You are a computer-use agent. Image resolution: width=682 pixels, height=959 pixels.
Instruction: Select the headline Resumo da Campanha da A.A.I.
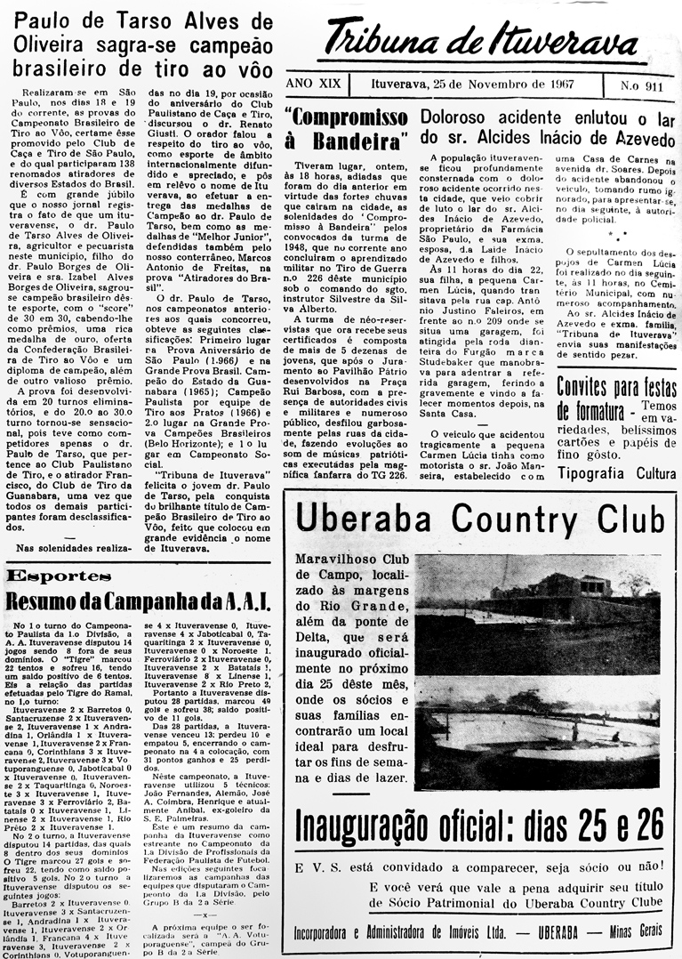(x=135, y=601)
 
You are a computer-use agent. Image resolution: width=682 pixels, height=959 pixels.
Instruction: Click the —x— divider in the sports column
(x=206, y=889)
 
